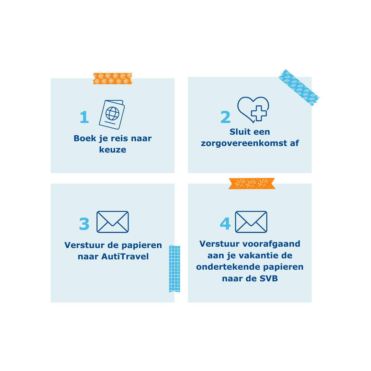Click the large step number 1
(x=85, y=117)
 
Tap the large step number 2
(x=225, y=117)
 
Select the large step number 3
(x=84, y=224)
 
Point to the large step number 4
(x=225, y=224)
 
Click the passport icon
(x=112, y=114)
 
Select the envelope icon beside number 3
(x=113, y=222)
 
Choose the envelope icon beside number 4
(x=251, y=222)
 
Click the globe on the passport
(x=112, y=114)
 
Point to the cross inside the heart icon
(x=259, y=113)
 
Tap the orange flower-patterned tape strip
(x=113, y=79)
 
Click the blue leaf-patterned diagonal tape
(x=299, y=88)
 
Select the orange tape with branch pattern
(x=252, y=183)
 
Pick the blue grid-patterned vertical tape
(x=175, y=269)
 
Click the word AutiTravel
(x=125, y=257)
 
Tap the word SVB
(x=269, y=279)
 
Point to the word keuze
(x=113, y=150)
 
